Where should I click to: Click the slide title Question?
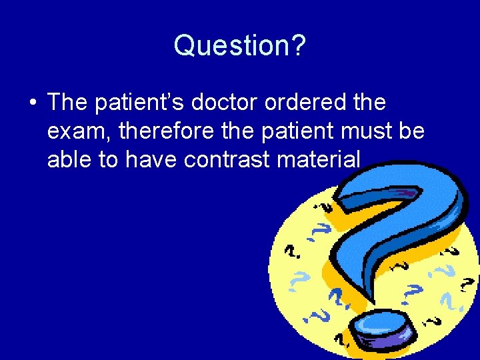coord(239,45)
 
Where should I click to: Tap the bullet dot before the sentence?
coord(31,103)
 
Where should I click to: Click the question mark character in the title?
coord(298,45)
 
